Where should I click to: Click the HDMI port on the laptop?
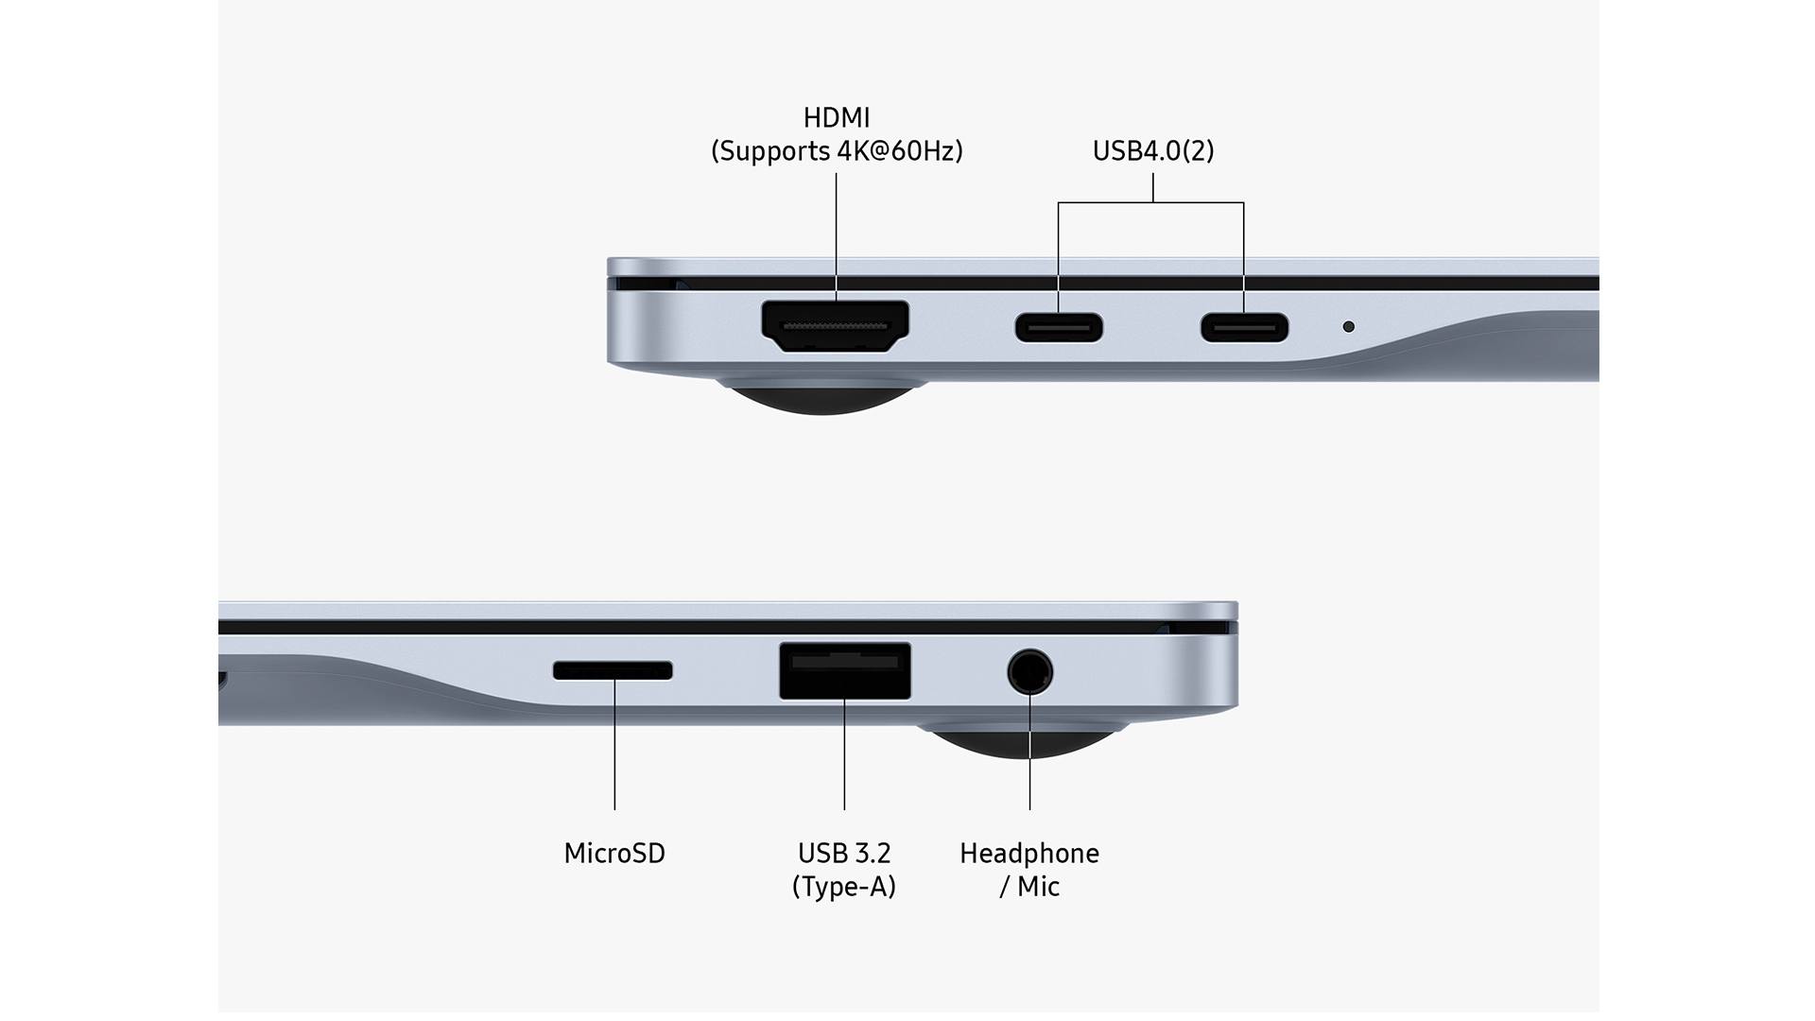(x=835, y=326)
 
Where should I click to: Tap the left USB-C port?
(x=1059, y=327)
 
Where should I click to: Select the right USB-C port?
(x=1244, y=327)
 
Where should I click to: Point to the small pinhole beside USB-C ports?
(x=1348, y=326)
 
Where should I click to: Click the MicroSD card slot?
(x=613, y=670)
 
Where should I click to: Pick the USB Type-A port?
(x=844, y=671)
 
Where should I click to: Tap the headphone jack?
(x=1029, y=673)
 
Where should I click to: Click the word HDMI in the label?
(x=836, y=118)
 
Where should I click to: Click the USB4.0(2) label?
(x=1152, y=151)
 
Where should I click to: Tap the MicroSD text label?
(x=614, y=854)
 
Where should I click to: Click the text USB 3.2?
(x=843, y=854)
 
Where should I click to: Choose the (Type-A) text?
(x=843, y=887)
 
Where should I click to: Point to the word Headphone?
(x=1028, y=854)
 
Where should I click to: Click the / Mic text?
(x=1028, y=887)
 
